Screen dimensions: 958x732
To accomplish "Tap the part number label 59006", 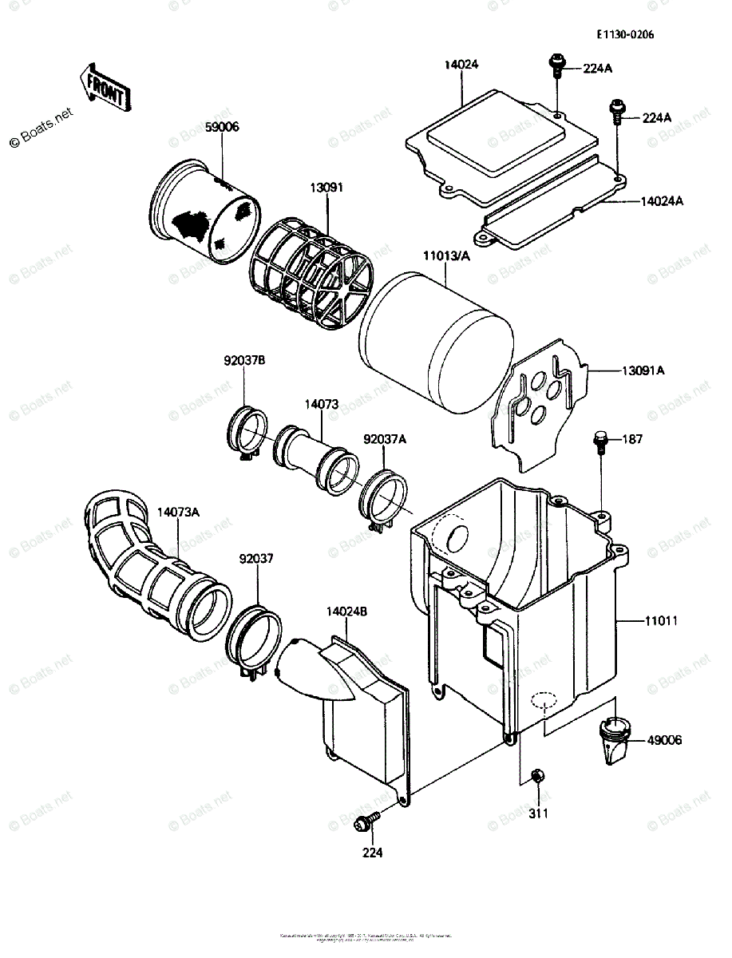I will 221,127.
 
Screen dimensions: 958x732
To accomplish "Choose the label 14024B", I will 346,612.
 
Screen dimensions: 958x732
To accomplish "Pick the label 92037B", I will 243,360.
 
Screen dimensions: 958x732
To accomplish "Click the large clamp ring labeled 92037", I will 255,642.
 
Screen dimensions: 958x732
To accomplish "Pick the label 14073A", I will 179,513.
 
